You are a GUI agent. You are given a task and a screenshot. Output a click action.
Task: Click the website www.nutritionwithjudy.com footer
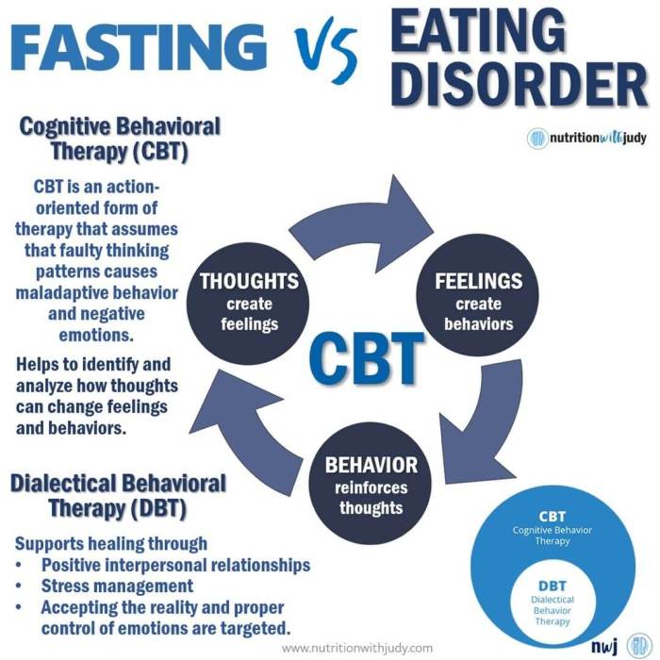(357, 648)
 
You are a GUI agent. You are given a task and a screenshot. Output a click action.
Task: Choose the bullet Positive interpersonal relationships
(175, 566)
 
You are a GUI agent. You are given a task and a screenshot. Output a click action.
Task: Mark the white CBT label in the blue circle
(553, 517)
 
